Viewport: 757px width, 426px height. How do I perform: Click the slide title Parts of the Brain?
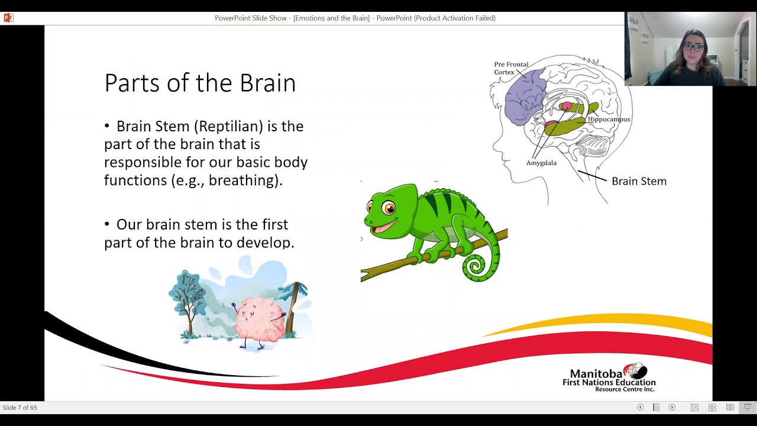(x=200, y=83)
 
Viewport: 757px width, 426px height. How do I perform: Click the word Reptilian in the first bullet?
(x=231, y=126)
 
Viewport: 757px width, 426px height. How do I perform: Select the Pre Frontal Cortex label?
(x=511, y=68)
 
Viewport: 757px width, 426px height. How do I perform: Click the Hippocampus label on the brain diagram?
(x=609, y=119)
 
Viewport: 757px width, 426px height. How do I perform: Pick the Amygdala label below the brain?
(x=541, y=163)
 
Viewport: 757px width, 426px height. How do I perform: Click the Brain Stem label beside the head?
(x=639, y=181)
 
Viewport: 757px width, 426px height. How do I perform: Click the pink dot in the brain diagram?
(x=567, y=106)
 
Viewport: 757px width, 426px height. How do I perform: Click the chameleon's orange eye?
(x=389, y=208)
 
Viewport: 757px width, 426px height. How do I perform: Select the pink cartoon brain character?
(x=259, y=319)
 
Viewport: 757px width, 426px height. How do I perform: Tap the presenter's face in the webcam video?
(x=694, y=49)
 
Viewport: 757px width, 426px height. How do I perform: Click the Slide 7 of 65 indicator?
(x=20, y=408)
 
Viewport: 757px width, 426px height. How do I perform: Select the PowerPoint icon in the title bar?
(x=8, y=18)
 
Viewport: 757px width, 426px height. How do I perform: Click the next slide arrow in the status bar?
(x=672, y=408)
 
